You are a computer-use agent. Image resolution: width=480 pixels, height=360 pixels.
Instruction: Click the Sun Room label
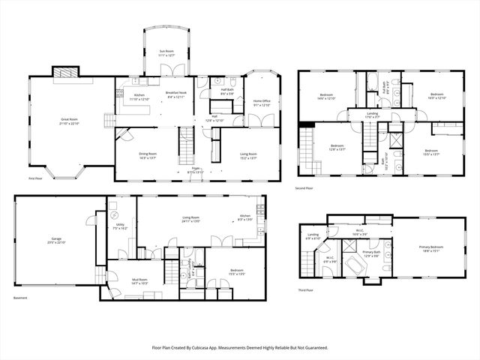pyautogui.click(x=165, y=53)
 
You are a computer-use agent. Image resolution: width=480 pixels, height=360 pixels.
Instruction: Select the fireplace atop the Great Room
pyautogui.click(x=63, y=72)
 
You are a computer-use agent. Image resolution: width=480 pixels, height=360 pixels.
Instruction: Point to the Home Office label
pyautogui.click(x=261, y=103)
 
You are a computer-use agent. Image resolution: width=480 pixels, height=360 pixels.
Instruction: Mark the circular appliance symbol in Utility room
pyautogui.click(x=114, y=206)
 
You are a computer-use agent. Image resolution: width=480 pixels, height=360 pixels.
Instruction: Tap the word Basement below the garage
pyautogui.click(x=20, y=298)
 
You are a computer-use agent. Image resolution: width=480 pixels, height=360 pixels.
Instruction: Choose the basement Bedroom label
pyautogui.click(x=236, y=272)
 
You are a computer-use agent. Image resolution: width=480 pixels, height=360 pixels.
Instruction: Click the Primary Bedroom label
pyautogui.click(x=430, y=249)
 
